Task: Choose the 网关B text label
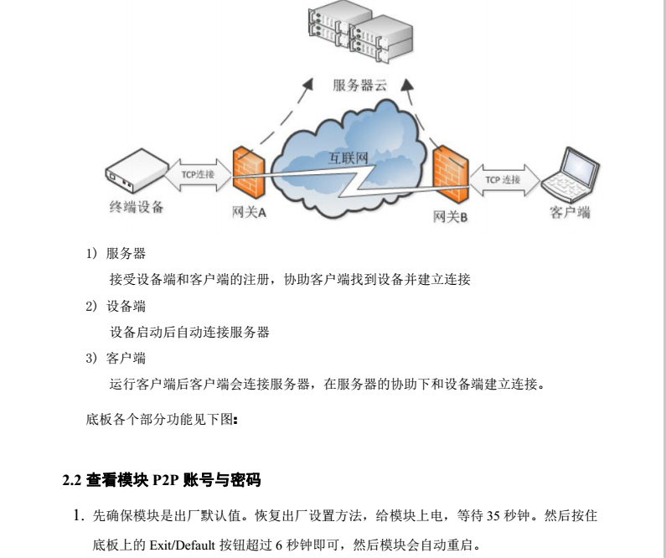(450, 217)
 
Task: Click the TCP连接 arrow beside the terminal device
(198, 174)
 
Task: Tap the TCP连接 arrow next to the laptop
(503, 178)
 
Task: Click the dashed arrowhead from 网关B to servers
(408, 84)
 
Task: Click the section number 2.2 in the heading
(72, 480)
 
